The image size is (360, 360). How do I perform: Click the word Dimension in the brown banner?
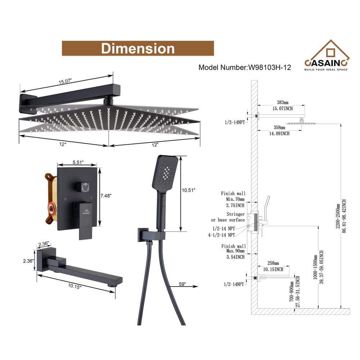pyautogui.click(x=138, y=48)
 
